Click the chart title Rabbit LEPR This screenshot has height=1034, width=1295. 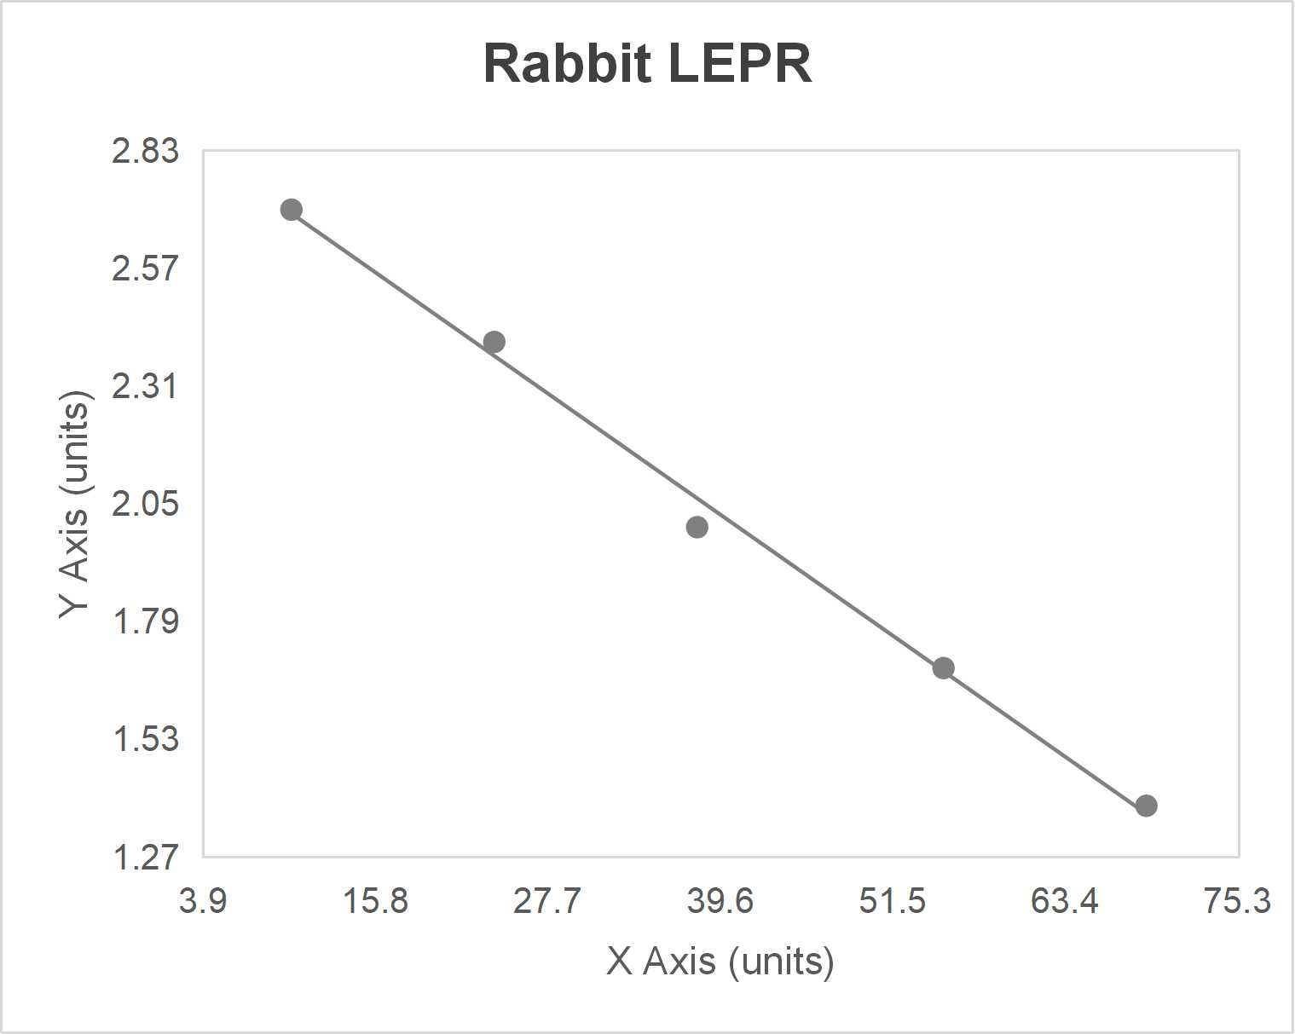pos(647,64)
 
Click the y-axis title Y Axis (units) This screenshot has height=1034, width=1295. pos(75,505)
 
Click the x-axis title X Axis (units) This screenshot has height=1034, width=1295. pos(720,961)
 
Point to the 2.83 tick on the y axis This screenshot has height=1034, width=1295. pos(146,151)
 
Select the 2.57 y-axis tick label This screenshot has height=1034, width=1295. pos(146,269)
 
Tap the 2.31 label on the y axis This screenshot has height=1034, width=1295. pos(146,386)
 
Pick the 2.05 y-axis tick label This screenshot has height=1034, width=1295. pos(146,504)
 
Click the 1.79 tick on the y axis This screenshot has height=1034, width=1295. pos(146,621)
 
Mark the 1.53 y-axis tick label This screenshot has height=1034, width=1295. pos(146,739)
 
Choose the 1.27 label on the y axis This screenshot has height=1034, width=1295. pos(146,857)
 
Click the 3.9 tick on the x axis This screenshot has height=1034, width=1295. pos(203,900)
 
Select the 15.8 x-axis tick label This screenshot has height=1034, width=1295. pos(375,900)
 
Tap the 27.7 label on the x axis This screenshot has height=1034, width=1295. pos(547,900)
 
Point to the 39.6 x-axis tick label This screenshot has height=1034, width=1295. pos(720,900)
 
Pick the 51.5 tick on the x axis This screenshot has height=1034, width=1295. pos(893,900)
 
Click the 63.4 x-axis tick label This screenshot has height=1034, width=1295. pos(1065,900)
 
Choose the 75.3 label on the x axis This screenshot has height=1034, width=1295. pos(1237,900)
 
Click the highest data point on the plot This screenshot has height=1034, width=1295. pos(292,210)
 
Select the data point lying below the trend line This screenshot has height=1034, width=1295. pos(697,527)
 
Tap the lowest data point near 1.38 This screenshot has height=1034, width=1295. pos(1146,806)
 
